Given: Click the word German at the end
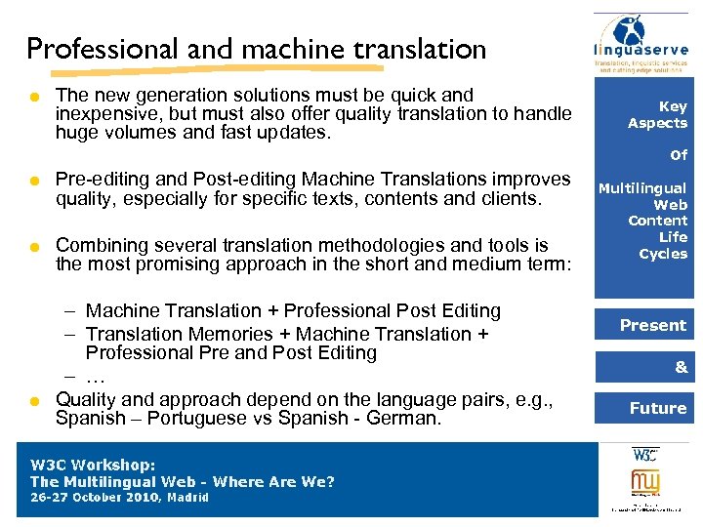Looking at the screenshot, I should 409,419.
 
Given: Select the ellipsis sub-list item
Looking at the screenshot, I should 95,377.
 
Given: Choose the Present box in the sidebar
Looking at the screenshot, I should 653,325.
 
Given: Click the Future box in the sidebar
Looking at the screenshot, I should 657,408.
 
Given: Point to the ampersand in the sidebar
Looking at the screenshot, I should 681,367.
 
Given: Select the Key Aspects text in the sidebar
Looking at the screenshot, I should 657,114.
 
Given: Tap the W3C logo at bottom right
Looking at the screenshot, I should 645,455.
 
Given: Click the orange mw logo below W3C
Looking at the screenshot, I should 645,482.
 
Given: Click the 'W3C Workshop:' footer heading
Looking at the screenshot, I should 94,466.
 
